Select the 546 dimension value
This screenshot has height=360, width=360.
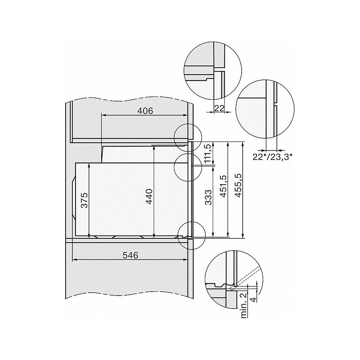130,255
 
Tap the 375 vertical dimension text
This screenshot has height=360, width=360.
84,200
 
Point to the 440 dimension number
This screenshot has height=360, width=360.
149,197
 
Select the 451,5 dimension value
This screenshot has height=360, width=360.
223,186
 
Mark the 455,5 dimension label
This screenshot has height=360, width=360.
238,186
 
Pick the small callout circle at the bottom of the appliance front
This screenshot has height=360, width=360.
192,235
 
